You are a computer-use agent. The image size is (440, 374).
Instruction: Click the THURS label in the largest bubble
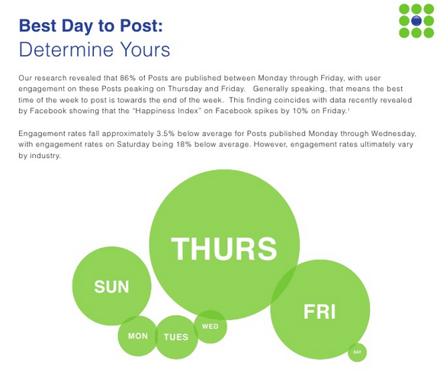[223, 249]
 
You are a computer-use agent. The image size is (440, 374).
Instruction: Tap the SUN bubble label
[111, 287]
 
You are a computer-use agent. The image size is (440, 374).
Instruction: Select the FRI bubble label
[320, 311]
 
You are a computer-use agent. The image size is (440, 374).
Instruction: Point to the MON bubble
[138, 336]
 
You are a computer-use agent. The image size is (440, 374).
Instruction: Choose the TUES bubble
[176, 337]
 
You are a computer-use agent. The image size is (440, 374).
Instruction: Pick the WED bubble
[210, 327]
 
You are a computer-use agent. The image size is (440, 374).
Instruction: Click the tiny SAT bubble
[357, 352]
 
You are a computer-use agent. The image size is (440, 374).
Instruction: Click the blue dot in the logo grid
[416, 21]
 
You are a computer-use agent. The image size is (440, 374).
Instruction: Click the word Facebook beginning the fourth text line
[47, 111]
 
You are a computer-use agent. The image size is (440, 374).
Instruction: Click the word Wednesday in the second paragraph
[384, 134]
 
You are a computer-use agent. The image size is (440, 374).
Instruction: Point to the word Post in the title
[138, 26]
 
